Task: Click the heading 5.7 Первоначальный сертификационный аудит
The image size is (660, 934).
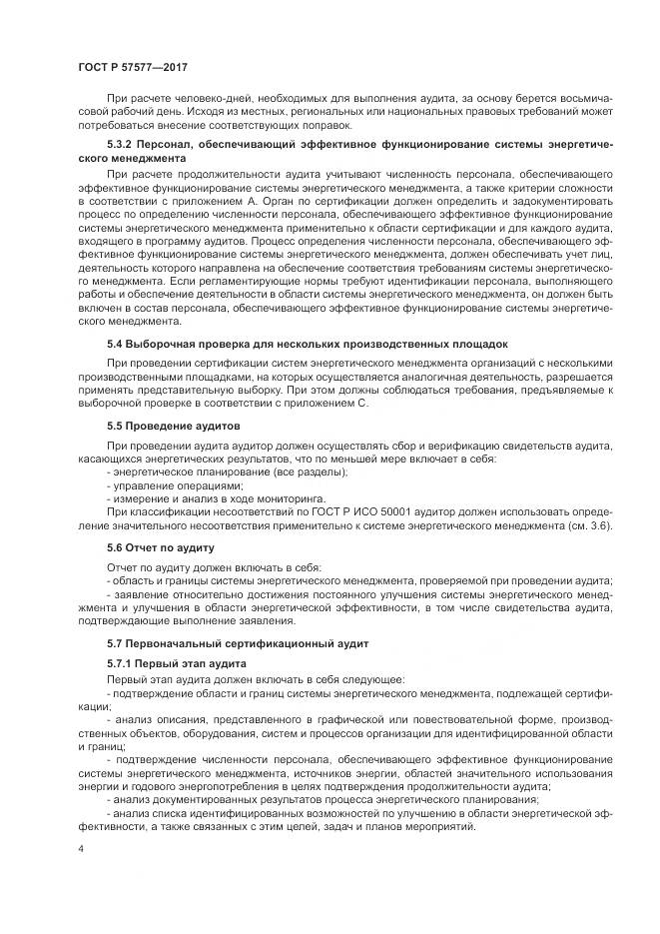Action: coord(238,643)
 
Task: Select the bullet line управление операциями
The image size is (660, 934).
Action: coord(175,483)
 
